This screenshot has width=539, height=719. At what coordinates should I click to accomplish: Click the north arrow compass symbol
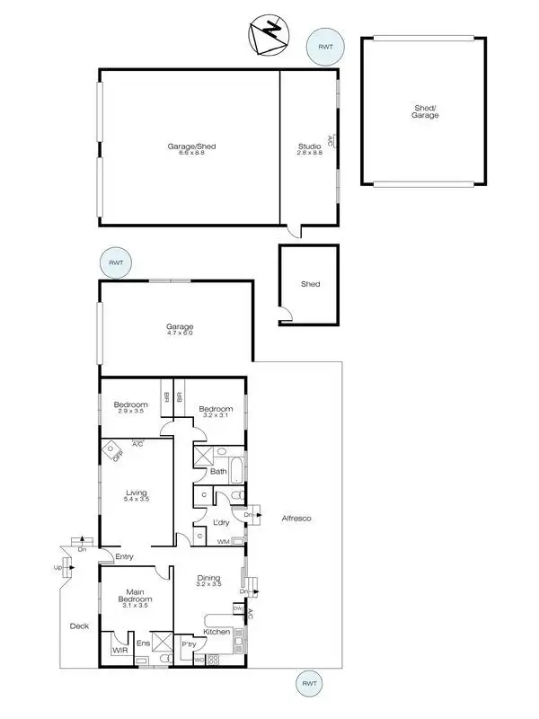coord(267,36)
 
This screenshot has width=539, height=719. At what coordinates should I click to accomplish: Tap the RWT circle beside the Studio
coord(323,47)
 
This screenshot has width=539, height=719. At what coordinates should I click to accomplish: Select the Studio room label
coord(309,146)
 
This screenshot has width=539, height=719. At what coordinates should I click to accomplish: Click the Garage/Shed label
coord(191,146)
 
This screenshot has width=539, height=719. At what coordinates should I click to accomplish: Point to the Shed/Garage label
coord(425,111)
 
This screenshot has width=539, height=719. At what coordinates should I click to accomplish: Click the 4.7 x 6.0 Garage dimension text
coord(180,333)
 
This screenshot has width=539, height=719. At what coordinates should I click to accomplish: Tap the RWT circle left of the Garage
coord(116,262)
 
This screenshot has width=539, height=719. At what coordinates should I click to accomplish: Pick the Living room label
coord(137,492)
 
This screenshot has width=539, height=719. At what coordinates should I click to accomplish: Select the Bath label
coord(218,471)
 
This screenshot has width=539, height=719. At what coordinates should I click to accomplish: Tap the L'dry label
coord(221,522)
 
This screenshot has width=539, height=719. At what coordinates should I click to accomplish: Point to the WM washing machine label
coord(223,541)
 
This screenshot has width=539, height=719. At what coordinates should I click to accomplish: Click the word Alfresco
coord(296,519)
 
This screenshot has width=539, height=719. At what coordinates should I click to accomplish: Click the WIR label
coord(118,648)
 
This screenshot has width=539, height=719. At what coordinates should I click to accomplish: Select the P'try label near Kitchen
coord(190,644)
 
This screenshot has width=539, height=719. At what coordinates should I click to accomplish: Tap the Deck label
coord(79,626)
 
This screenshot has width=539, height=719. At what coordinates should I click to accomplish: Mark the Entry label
coord(124,557)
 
